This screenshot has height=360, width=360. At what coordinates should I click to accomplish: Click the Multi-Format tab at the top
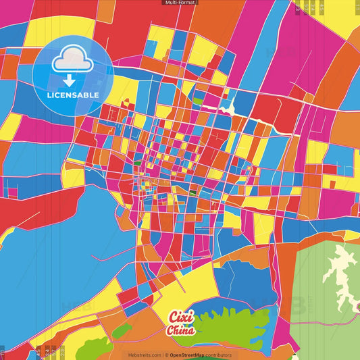(x=180, y=3)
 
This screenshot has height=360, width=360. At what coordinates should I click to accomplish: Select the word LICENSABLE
(x=72, y=95)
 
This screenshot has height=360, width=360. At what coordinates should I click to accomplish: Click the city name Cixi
(x=180, y=317)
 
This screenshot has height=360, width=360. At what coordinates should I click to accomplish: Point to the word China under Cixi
(x=180, y=330)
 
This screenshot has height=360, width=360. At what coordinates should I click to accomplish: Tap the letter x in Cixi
(x=184, y=317)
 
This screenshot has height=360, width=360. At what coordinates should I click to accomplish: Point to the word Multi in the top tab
(x=170, y=3)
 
